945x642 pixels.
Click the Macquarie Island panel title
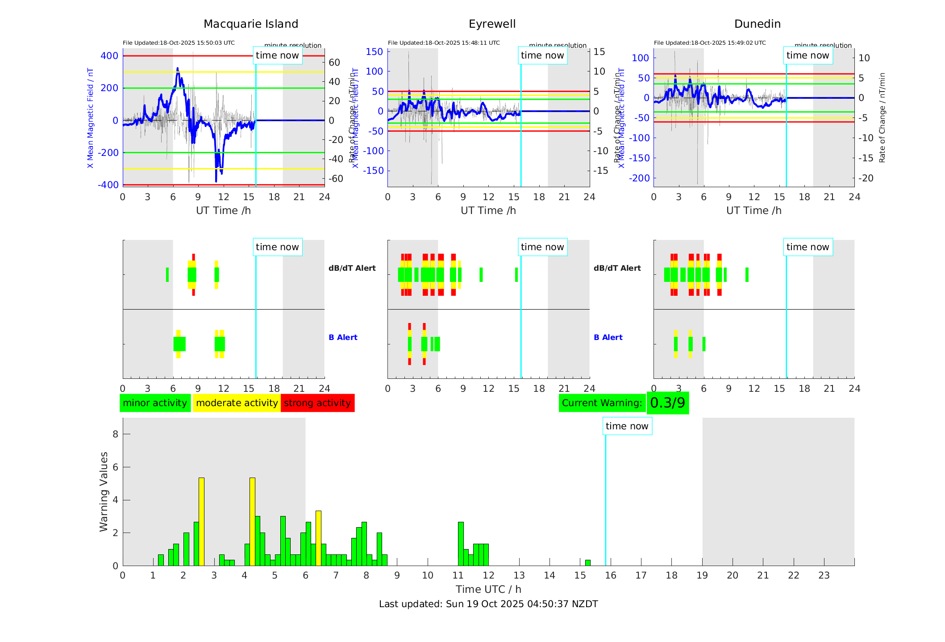pyautogui.click(x=251, y=24)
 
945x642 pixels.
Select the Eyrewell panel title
pyautogui.click(x=492, y=24)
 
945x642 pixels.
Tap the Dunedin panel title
pyautogui.click(x=757, y=24)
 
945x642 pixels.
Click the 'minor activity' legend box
pyautogui.click(x=155, y=403)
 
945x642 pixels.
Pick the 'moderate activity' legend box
pyautogui.click(x=237, y=403)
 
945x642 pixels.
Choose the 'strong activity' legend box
pyautogui.click(x=317, y=403)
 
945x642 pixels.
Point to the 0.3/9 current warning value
pyautogui.click(x=667, y=403)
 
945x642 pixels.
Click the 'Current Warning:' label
pyautogui.click(x=602, y=403)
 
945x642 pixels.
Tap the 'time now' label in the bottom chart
pyautogui.click(x=627, y=426)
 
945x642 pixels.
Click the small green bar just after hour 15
pyautogui.click(x=587, y=563)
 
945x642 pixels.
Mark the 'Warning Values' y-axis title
pyautogui.click(x=104, y=491)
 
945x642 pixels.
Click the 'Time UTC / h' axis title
pyautogui.click(x=488, y=589)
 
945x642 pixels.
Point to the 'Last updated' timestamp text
pyautogui.click(x=488, y=604)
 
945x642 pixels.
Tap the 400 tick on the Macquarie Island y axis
pyautogui.click(x=109, y=56)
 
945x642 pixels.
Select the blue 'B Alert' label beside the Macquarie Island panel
pyautogui.click(x=343, y=337)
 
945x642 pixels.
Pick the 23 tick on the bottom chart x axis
pyautogui.click(x=824, y=575)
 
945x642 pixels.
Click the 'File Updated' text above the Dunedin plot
pyautogui.click(x=710, y=43)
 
